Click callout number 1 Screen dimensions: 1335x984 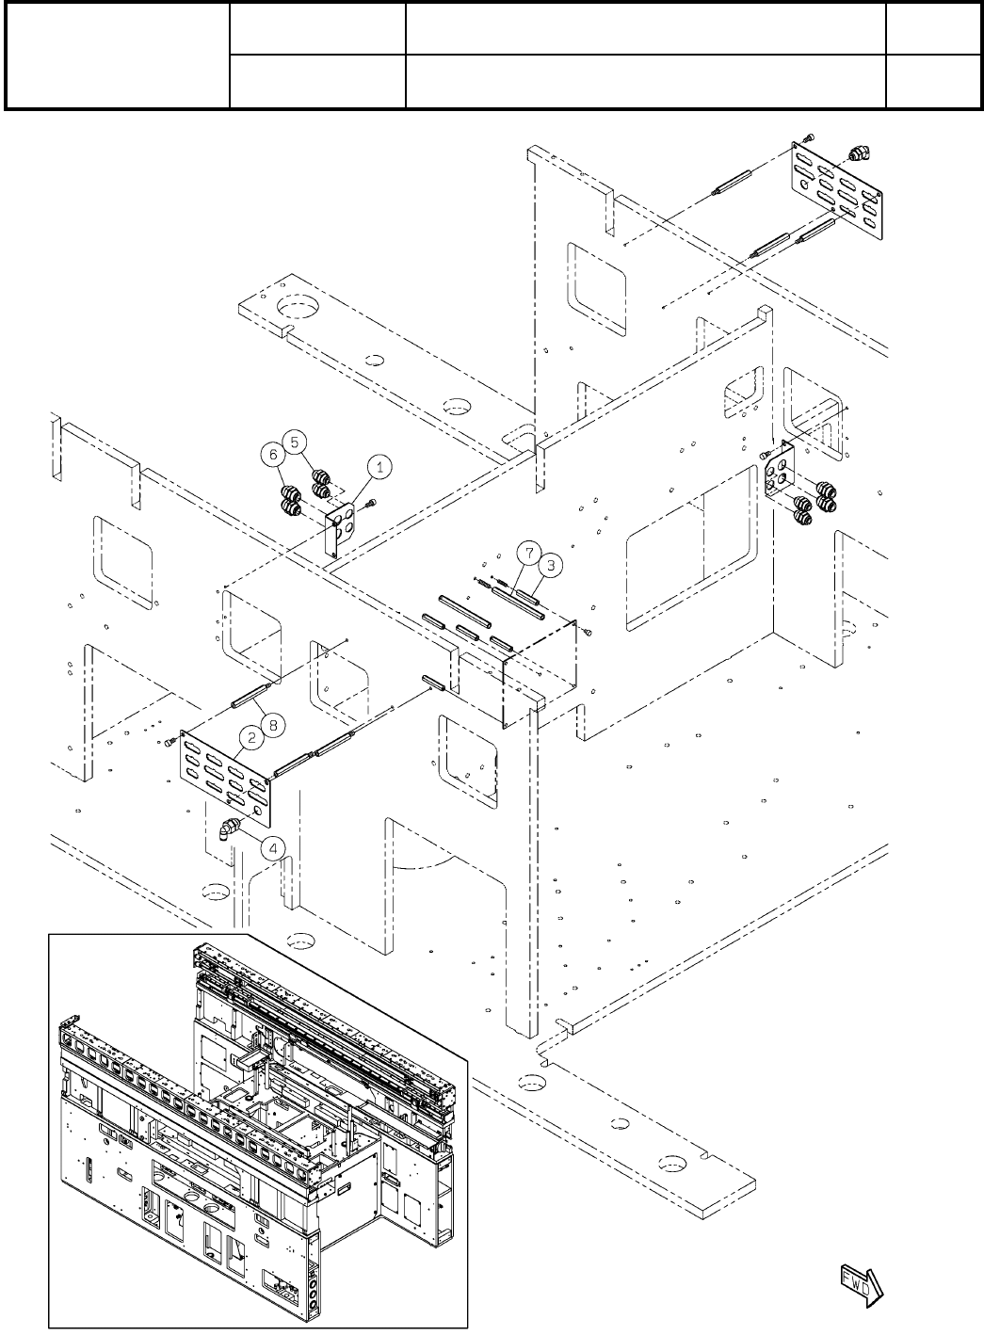click(380, 465)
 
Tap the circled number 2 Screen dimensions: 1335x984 click(252, 739)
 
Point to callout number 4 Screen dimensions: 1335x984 click(274, 847)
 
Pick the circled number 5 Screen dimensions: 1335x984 click(296, 440)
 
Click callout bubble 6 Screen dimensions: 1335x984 click(273, 454)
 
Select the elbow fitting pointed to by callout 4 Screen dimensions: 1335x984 click(229, 828)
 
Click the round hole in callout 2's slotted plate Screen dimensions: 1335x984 click(257, 810)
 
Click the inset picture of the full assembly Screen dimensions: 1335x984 click(256, 1130)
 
